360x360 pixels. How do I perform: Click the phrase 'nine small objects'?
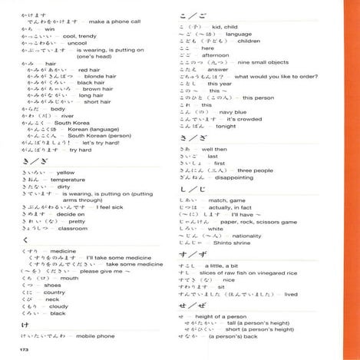point(249,62)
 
